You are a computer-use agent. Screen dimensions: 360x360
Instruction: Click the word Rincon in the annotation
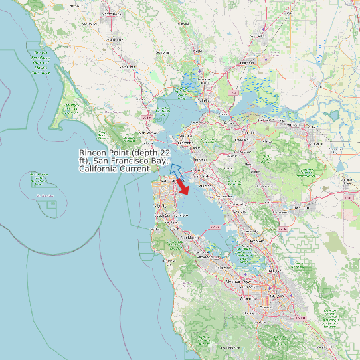[x=93, y=152]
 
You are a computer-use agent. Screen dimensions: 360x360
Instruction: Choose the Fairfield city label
[x=247, y=62]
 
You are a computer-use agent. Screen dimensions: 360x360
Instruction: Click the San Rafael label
[x=148, y=132]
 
